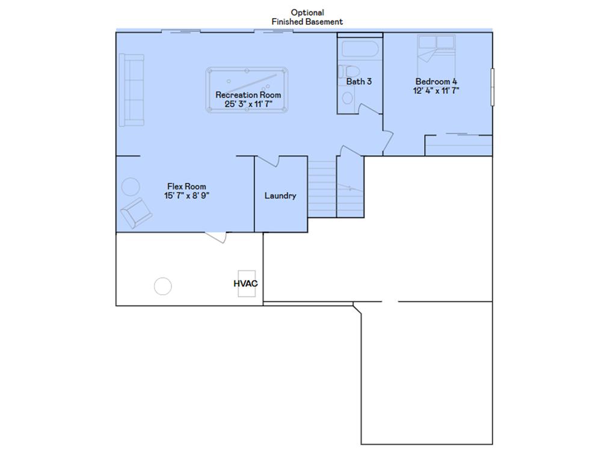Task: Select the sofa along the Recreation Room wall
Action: click(x=131, y=90)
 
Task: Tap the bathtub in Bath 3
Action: click(x=359, y=49)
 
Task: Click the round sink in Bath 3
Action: click(x=348, y=97)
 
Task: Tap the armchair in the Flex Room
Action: click(x=137, y=212)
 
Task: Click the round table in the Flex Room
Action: click(x=131, y=186)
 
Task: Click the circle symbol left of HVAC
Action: click(x=162, y=286)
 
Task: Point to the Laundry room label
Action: click(x=280, y=196)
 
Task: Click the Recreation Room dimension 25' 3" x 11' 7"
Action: click(x=248, y=104)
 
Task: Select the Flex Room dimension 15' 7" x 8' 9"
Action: click(x=187, y=196)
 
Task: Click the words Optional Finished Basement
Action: click(x=307, y=17)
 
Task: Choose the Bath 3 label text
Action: click(x=359, y=81)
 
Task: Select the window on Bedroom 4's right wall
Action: click(x=492, y=87)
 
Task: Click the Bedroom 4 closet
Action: click(x=458, y=145)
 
